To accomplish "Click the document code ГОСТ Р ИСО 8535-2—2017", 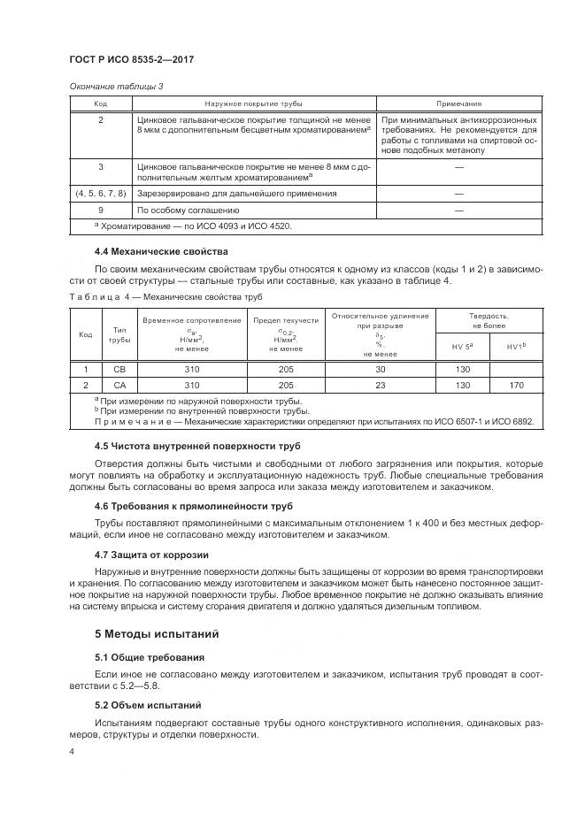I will [131, 59].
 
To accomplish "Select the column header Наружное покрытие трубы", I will [254, 103].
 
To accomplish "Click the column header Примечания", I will [459, 103].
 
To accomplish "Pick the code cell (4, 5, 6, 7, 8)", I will [100, 193].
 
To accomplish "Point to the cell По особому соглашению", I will [188, 211].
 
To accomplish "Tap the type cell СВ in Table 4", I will [118, 369].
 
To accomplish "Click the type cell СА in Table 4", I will [118, 385].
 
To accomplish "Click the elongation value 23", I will [381, 385].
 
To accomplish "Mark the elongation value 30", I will [381, 369].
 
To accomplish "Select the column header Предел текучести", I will [286, 320].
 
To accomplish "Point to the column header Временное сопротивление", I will [191, 319].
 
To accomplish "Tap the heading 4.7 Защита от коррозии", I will [150, 554].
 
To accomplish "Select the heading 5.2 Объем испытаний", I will [148, 705].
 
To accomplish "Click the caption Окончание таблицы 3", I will [116, 86].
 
